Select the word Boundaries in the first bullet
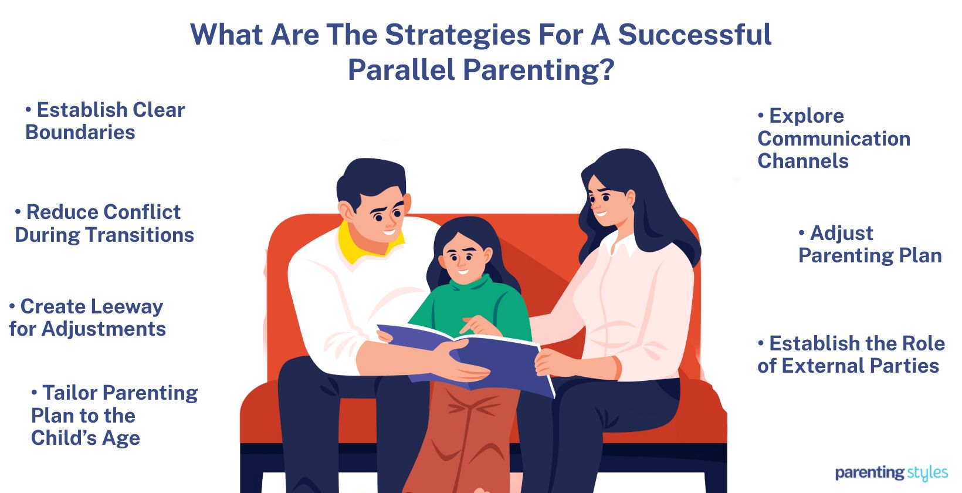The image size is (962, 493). click(x=80, y=133)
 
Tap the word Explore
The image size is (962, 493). click(x=807, y=116)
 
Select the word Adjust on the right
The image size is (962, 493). click(x=842, y=233)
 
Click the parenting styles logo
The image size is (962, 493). click(x=891, y=472)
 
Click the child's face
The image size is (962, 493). click(x=463, y=258)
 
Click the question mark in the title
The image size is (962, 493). click(x=607, y=70)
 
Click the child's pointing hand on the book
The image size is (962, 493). click(x=478, y=324)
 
